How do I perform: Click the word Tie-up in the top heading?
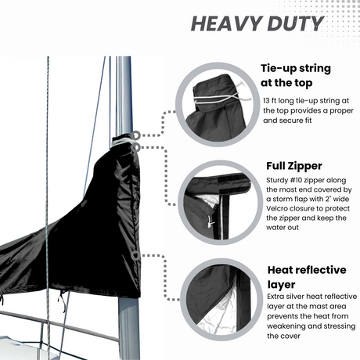coord(280,68)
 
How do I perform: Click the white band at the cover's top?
coord(123,141)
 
